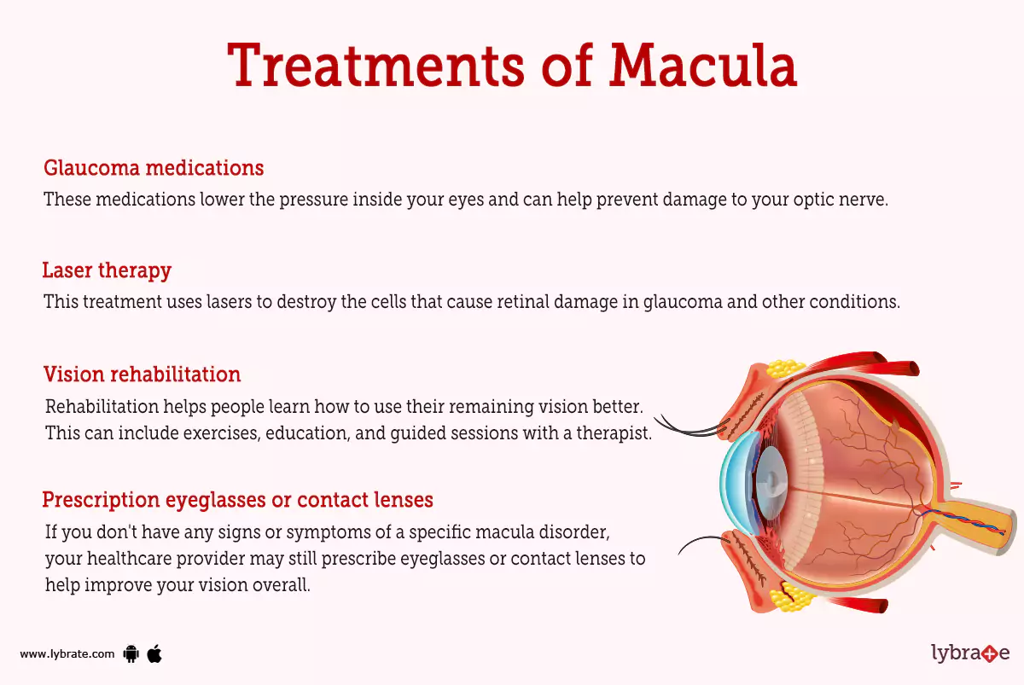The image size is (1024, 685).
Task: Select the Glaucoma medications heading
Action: pyautogui.click(x=154, y=167)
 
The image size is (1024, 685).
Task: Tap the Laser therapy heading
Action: pyautogui.click(x=107, y=270)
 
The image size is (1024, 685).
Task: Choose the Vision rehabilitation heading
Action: pyautogui.click(x=142, y=374)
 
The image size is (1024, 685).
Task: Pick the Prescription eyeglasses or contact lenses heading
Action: pyautogui.click(x=238, y=499)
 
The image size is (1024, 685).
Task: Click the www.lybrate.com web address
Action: pyautogui.click(x=67, y=654)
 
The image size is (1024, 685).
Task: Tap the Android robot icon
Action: pyautogui.click(x=131, y=654)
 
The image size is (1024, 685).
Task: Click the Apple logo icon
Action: pyautogui.click(x=154, y=654)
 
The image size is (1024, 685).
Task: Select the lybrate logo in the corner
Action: pyautogui.click(x=969, y=654)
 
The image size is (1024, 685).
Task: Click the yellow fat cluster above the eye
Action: pyautogui.click(x=785, y=368)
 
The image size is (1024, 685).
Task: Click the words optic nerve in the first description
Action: pyautogui.click(x=846, y=200)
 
